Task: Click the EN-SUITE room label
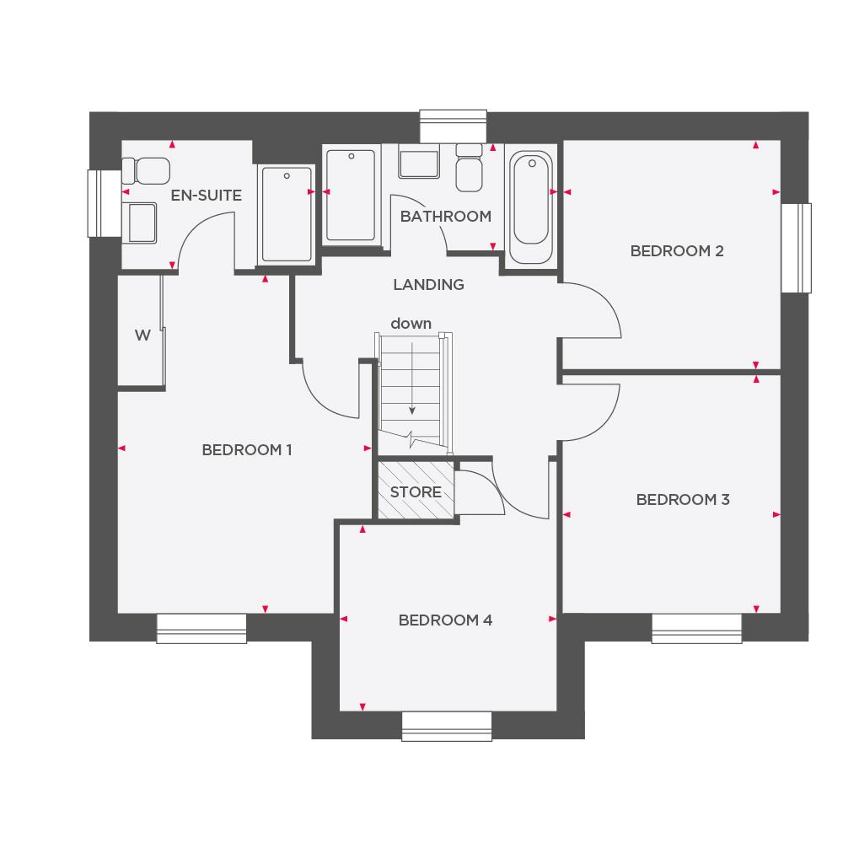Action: click(206, 196)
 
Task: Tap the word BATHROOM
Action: click(445, 217)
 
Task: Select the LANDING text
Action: click(428, 285)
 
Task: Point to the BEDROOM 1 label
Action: click(247, 450)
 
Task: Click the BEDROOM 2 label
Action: click(677, 251)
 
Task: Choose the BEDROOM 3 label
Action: click(683, 500)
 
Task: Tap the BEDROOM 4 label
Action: click(445, 620)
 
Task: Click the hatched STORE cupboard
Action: click(416, 491)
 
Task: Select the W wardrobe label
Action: click(142, 336)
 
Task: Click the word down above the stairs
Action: click(411, 324)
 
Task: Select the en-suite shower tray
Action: click(287, 214)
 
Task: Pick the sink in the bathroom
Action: click(418, 163)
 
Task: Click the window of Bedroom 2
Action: click(796, 248)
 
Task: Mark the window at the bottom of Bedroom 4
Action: click(446, 726)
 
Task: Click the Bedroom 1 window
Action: click(201, 628)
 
